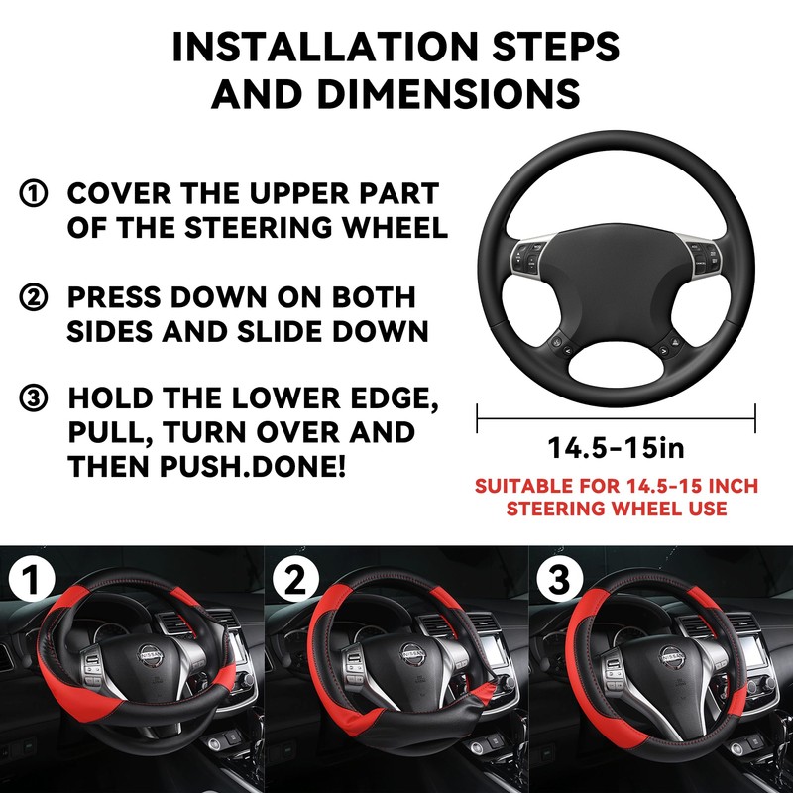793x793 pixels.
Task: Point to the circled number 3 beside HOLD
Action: tap(33, 399)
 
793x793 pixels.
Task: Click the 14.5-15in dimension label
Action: tap(616, 448)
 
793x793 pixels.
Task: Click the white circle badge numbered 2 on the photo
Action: tap(295, 582)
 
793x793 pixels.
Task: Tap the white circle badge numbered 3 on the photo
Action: tap(559, 582)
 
